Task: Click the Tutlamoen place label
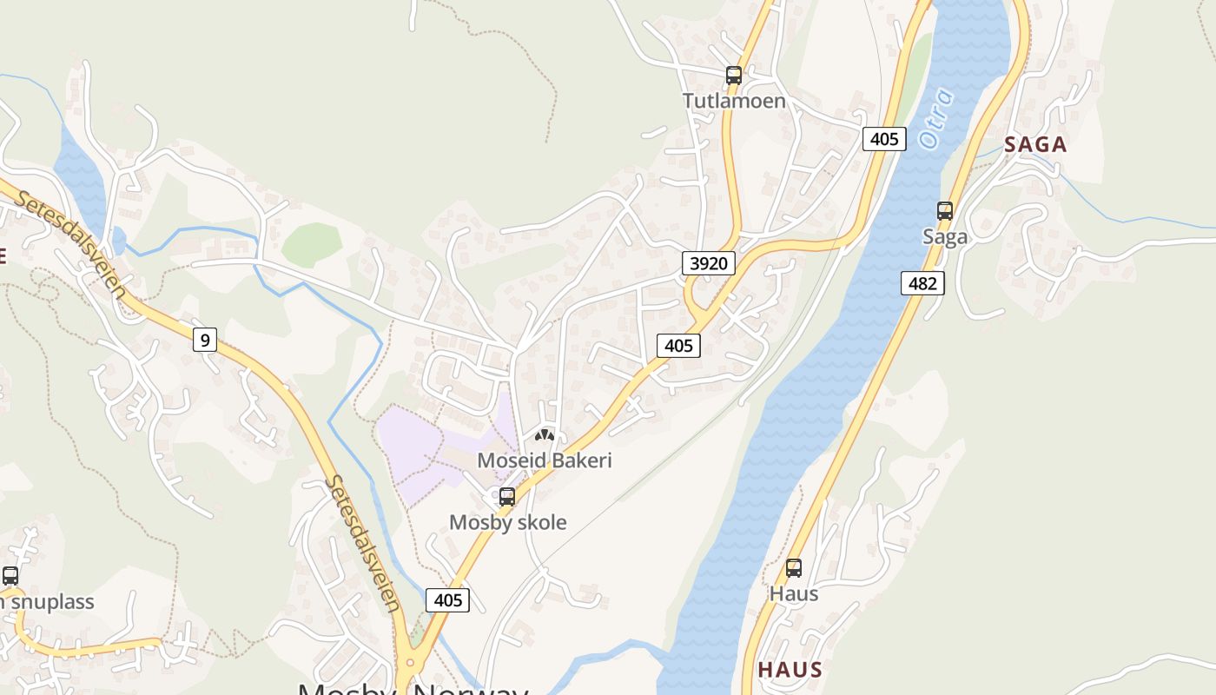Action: pos(734,101)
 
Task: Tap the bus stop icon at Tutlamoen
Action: pos(734,76)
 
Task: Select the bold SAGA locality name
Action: pos(1035,145)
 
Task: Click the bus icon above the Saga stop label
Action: pos(945,211)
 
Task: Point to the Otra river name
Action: pos(935,118)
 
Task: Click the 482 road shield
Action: pos(922,283)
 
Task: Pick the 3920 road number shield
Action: pos(709,263)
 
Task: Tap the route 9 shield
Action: pos(204,339)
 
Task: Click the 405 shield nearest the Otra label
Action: pos(884,138)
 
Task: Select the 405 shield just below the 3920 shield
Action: pos(678,346)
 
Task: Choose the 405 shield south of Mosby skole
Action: pos(448,600)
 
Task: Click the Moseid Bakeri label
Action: pos(545,460)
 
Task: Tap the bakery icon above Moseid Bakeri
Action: pos(545,435)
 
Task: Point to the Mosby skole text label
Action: pos(507,522)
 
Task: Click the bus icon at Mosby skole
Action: pos(507,497)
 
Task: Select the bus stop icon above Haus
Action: pos(794,568)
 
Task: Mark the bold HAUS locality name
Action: pos(790,670)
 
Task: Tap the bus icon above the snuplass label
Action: pos(10,575)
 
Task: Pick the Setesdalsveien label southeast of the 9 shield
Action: pos(363,543)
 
